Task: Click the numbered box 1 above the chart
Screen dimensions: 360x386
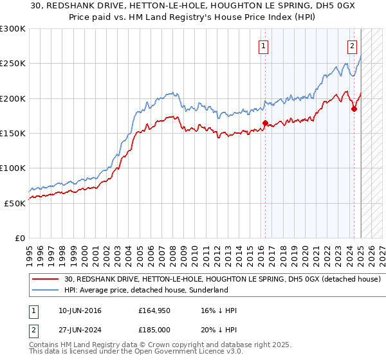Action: [x=264, y=46]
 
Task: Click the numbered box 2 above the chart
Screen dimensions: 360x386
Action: [x=353, y=46]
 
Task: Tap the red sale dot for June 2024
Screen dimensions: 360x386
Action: [x=354, y=108]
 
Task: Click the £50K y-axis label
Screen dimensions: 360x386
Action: [x=15, y=203]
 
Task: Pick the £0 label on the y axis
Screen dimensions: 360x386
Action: [x=20, y=238]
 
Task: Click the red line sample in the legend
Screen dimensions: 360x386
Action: [x=45, y=279]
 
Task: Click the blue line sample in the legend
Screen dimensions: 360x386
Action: [x=45, y=290]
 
